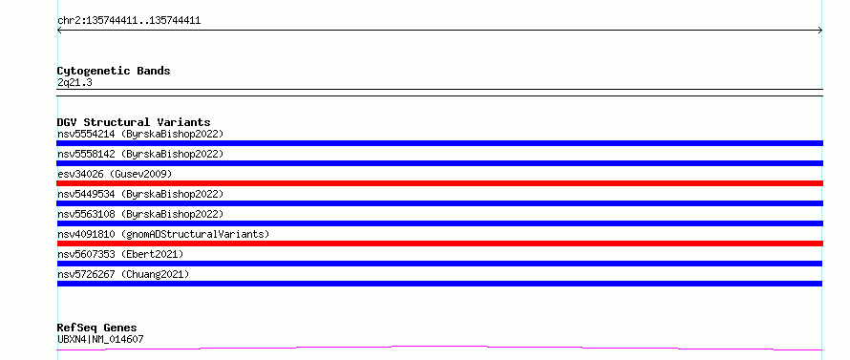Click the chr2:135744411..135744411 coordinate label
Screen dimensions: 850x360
point(129,21)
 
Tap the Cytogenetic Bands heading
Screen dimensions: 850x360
point(114,71)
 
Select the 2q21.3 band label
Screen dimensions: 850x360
point(74,82)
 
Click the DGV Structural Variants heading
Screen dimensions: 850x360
point(134,122)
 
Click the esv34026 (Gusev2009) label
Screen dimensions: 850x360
point(115,174)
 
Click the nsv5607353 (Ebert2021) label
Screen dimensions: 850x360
point(120,254)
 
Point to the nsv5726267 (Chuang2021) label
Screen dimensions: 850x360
point(123,274)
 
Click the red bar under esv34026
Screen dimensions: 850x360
point(439,183)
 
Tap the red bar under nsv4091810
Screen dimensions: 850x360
point(439,244)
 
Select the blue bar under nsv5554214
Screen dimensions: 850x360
point(439,143)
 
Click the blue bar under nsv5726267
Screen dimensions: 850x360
point(439,284)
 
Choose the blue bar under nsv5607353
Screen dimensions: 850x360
point(439,264)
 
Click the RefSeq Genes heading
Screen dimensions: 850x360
point(97,328)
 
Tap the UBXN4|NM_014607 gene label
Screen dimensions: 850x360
point(100,339)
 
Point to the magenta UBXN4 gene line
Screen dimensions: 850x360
point(439,348)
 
